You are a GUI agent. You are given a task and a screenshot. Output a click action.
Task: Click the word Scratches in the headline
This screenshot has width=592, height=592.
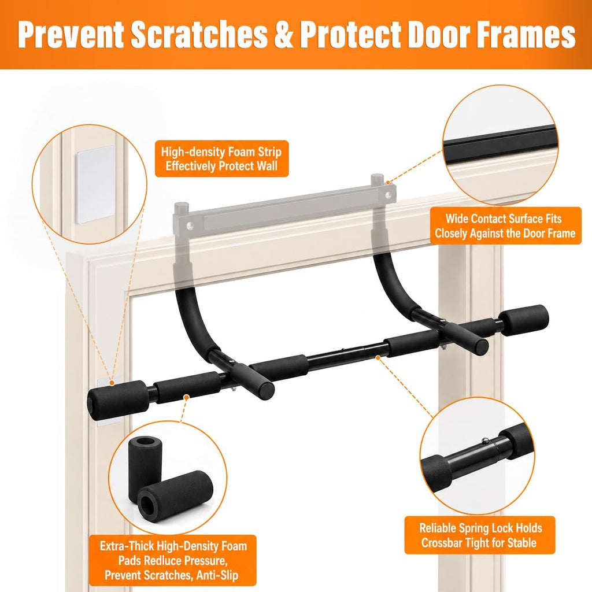tap(199, 34)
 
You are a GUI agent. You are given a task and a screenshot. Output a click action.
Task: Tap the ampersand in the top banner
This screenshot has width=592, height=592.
tap(283, 34)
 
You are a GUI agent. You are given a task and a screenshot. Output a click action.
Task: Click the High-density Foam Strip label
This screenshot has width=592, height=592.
tap(221, 158)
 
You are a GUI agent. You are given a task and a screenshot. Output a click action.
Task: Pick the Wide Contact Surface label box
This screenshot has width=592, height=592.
tap(505, 225)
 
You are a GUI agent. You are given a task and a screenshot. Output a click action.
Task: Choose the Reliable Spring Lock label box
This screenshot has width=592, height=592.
tap(480, 535)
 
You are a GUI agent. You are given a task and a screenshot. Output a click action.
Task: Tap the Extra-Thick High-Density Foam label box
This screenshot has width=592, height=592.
tap(173, 560)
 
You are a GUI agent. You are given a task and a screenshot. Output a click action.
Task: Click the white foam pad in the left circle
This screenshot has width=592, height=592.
tap(94, 184)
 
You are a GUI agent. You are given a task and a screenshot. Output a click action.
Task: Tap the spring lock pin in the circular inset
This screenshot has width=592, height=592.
tap(485, 440)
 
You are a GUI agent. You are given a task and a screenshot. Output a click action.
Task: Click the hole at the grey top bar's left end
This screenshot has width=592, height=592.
tap(190, 226)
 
